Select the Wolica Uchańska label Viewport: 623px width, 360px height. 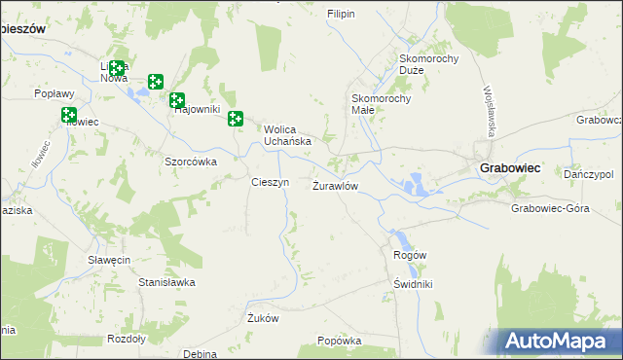point(287,134)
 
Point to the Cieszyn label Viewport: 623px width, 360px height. point(270,182)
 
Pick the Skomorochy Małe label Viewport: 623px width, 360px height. point(382,104)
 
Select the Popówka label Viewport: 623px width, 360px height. point(340,342)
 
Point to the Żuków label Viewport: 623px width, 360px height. point(263,318)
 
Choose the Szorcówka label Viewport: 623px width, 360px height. point(190,162)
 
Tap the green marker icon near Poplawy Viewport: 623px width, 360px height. point(69,115)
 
